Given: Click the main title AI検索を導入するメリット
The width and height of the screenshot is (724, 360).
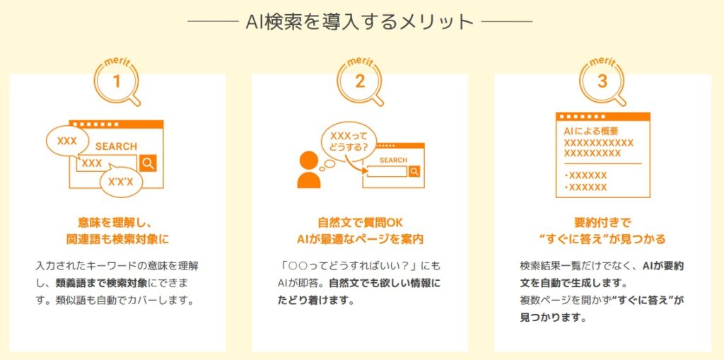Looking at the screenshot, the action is tap(360, 22).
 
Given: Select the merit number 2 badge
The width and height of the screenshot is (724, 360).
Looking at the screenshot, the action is tap(359, 81).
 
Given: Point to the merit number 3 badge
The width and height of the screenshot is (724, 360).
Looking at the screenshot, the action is tap(602, 81).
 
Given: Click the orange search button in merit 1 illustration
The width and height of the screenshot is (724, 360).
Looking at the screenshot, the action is tap(148, 163).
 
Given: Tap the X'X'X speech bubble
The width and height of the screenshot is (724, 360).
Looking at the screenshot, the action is tap(120, 182).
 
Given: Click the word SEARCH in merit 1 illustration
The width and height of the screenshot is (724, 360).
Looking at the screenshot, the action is tap(116, 146).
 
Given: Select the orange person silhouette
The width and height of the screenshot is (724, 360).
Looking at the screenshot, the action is tap(308, 170).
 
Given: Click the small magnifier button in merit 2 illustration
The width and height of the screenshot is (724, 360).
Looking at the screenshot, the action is tap(414, 171).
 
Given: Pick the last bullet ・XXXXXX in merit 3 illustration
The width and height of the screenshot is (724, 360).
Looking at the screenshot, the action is tap(585, 187).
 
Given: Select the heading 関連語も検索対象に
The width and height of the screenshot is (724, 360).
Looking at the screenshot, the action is tap(118, 239).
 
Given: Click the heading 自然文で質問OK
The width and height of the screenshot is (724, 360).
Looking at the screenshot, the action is tap(360, 223).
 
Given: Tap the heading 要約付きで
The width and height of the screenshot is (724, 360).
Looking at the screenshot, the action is tap(602, 223).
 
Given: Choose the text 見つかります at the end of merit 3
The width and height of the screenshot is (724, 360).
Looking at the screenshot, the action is tap(547, 318).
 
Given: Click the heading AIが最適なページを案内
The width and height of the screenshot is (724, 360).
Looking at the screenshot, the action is tap(360, 239).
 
